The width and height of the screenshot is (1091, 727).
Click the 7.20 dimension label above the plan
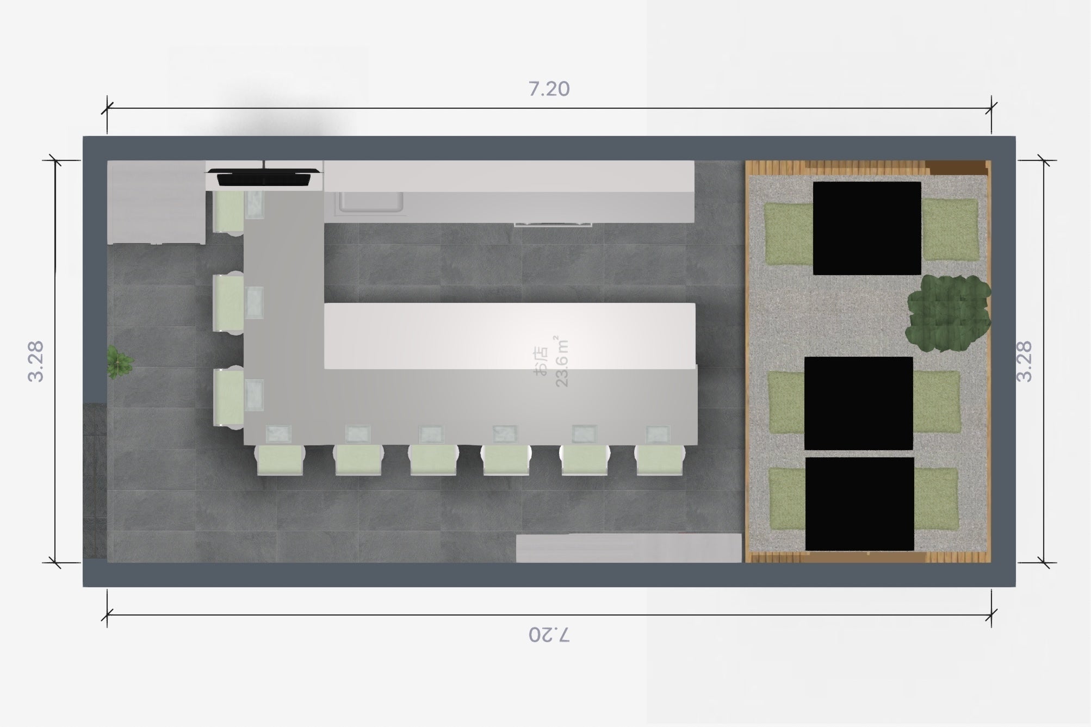[549, 89]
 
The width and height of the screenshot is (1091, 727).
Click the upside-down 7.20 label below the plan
[549, 635]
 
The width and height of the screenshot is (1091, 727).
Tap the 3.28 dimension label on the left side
[36, 362]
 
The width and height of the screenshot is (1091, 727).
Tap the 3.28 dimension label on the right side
[1024, 362]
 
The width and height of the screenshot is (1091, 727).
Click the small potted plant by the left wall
[118, 361]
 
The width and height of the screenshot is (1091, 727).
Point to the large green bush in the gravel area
[948, 313]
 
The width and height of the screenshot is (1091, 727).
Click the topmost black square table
[867, 228]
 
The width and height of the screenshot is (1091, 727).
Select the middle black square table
[858, 403]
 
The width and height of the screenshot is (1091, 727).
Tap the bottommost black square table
[859, 504]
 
